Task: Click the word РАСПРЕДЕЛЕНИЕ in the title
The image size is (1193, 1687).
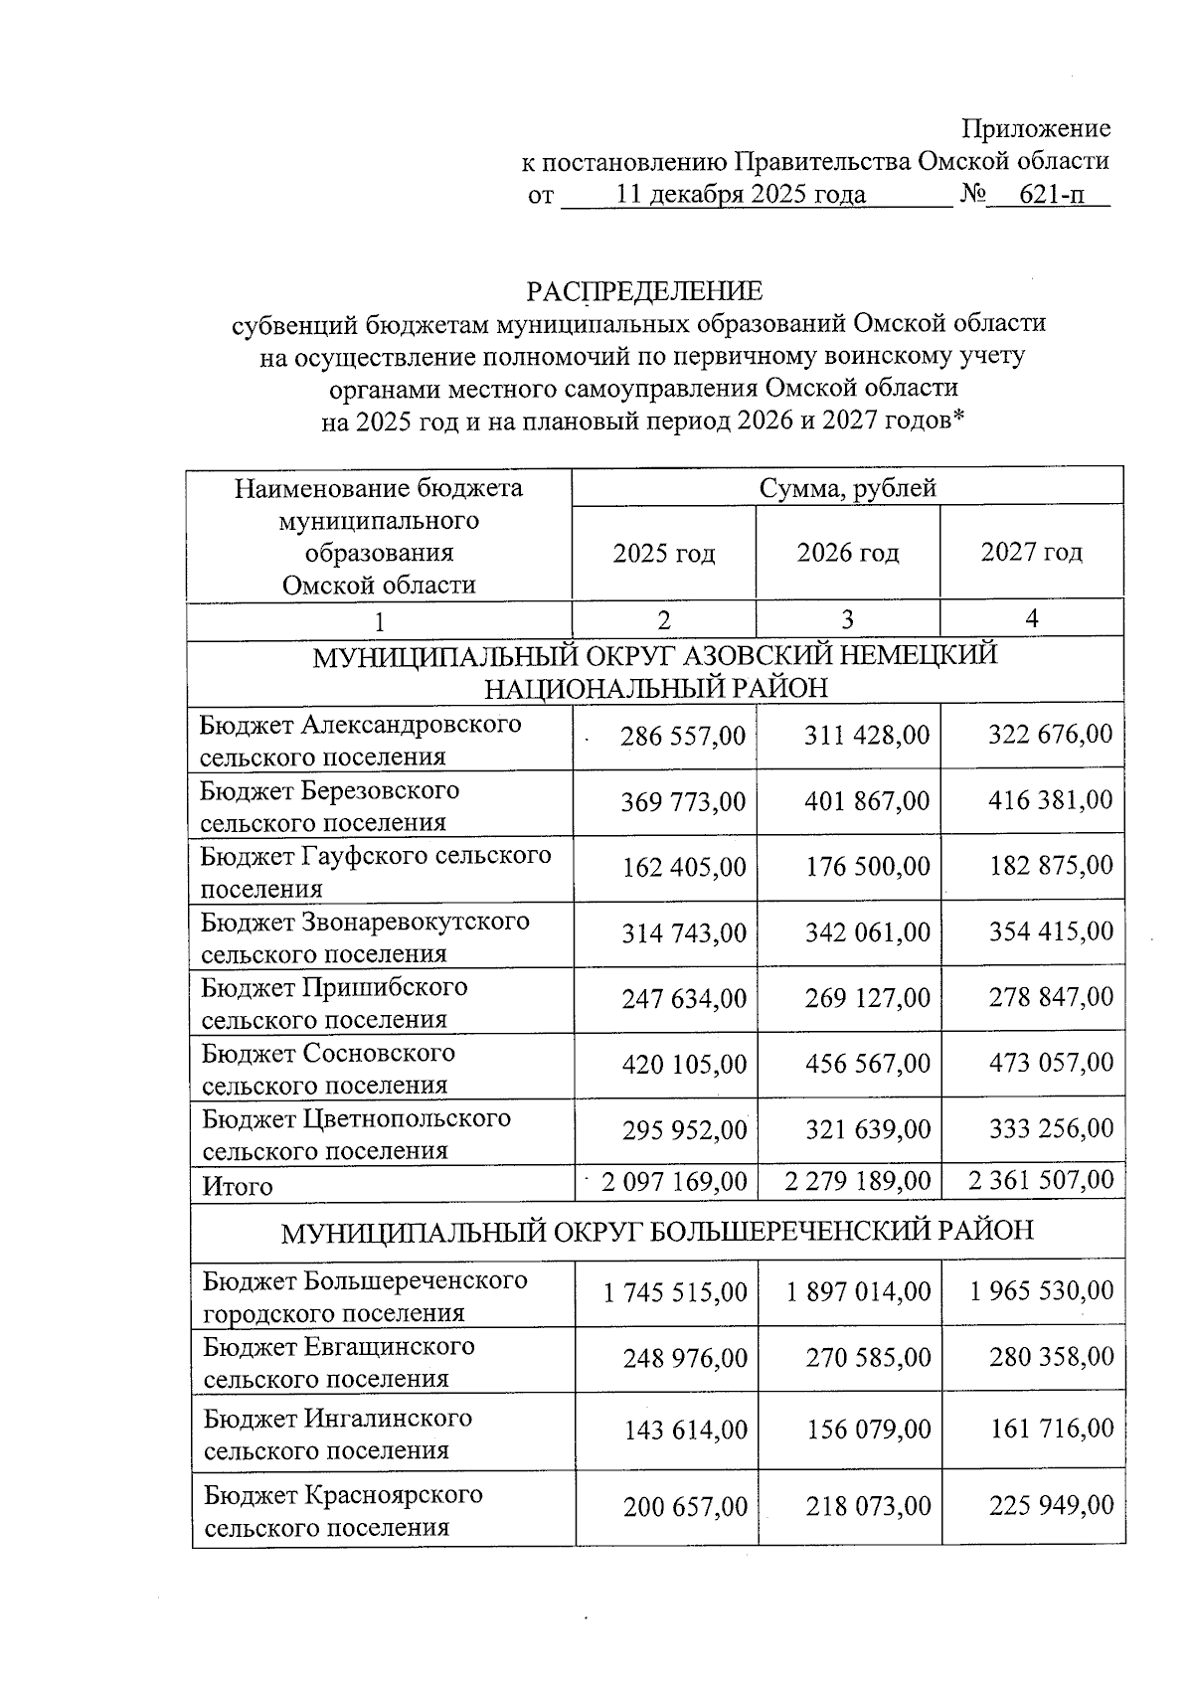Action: click(644, 291)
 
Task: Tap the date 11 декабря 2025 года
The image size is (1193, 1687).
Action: click(741, 194)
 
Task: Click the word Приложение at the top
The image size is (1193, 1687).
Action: click(1035, 128)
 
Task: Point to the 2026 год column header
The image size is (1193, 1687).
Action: click(847, 553)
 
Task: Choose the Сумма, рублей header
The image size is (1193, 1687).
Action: click(847, 487)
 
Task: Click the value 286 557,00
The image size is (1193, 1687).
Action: click(682, 736)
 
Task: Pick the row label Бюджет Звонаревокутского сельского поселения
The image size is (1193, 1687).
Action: click(365, 937)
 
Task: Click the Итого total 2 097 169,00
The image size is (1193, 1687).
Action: click(673, 1181)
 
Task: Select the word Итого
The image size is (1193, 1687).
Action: click(238, 1186)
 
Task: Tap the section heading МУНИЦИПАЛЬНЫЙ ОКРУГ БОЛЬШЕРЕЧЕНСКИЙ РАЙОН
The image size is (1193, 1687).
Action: click(657, 1231)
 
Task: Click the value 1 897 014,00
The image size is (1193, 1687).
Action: click(858, 1291)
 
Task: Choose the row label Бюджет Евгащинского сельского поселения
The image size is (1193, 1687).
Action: click(339, 1362)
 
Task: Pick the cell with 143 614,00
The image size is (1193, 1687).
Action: click(685, 1430)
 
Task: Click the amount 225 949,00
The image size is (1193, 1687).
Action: click(1051, 1506)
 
